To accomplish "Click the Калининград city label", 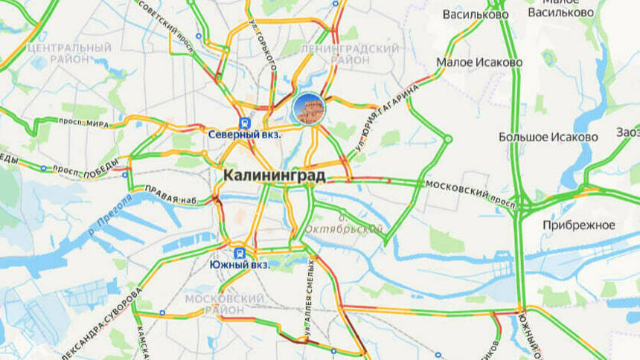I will pyautogui.click(x=274, y=176).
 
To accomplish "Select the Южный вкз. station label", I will pyautogui.click(x=239, y=264).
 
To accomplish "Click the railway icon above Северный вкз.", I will pyautogui.click(x=243, y=123).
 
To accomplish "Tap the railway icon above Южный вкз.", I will pyautogui.click(x=240, y=252).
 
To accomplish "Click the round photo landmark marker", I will pyautogui.click(x=307, y=109).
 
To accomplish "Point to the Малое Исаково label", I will pyautogui.click(x=479, y=62).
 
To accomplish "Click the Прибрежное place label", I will pyautogui.click(x=578, y=225).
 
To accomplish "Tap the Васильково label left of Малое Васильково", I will pyautogui.click(x=476, y=14).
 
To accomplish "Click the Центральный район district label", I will pyautogui.click(x=68, y=54).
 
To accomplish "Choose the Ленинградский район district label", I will pyautogui.click(x=349, y=54).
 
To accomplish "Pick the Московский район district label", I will pyautogui.click(x=224, y=303).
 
